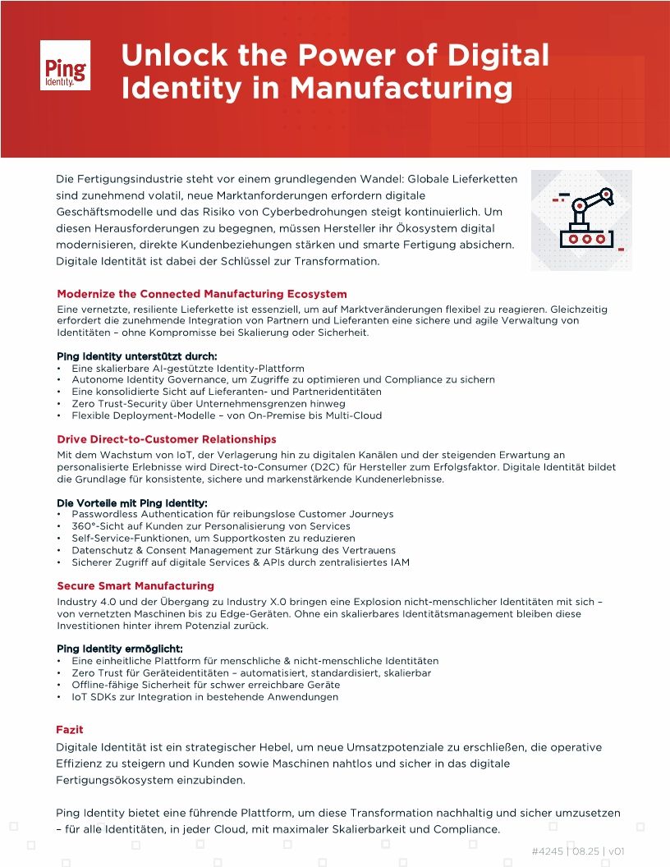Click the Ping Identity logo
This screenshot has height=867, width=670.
point(65,65)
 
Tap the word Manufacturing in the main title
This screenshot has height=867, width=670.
point(402,88)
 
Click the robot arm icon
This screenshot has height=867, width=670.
point(581,220)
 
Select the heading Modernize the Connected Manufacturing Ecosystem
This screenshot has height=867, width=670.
point(202,294)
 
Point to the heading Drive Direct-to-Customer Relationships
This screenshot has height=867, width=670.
point(167,439)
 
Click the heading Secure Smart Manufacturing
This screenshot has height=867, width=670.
point(135,586)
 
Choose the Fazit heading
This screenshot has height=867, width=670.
point(70,730)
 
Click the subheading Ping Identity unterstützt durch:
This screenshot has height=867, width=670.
point(137,356)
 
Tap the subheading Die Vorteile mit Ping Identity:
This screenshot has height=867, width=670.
point(132,502)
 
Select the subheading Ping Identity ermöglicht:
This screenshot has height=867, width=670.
point(120,649)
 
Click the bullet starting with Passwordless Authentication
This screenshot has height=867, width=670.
point(232,514)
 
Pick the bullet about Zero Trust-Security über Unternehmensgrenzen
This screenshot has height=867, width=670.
point(208,404)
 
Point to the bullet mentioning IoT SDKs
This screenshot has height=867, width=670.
point(204,697)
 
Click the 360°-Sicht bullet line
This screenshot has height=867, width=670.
point(211,526)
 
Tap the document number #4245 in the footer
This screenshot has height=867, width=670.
point(547,851)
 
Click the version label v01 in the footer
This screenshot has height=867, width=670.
point(617,851)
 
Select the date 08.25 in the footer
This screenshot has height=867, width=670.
point(585,851)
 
